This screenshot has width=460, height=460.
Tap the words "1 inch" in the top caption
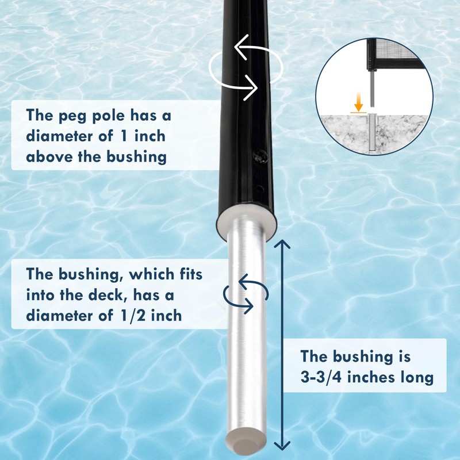(139, 136)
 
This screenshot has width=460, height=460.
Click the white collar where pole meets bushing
(246, 221)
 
